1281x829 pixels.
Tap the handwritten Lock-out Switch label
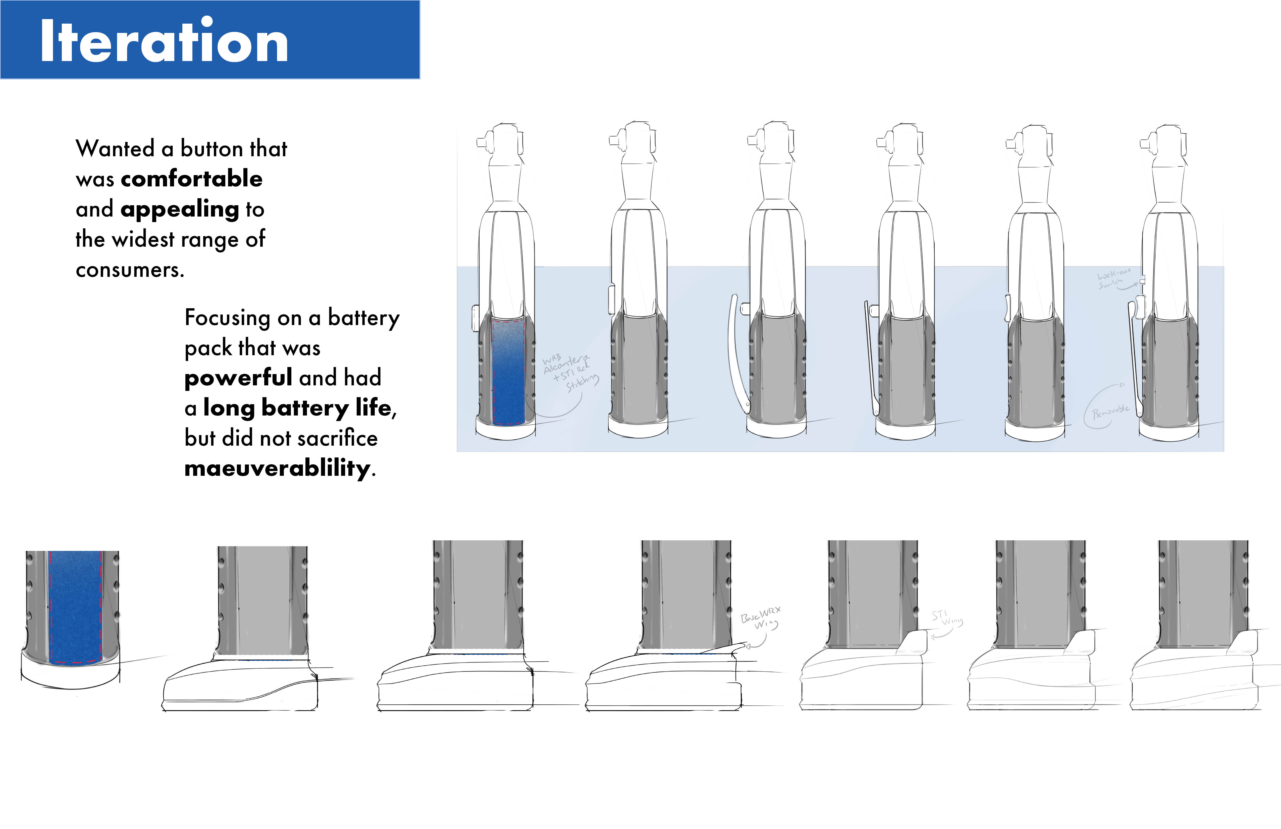1113,279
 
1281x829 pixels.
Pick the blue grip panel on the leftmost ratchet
508,372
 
